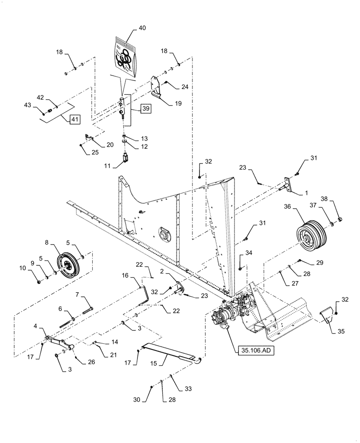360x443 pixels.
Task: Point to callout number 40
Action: tap(141, 27)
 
